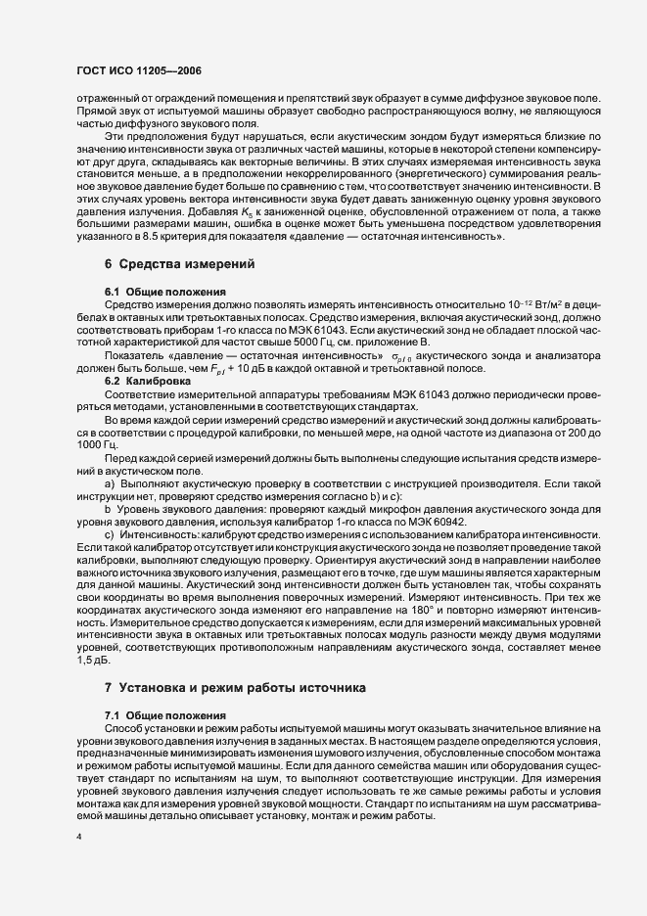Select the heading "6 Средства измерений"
coord(165,264)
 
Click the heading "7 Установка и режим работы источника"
coord(235,688)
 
